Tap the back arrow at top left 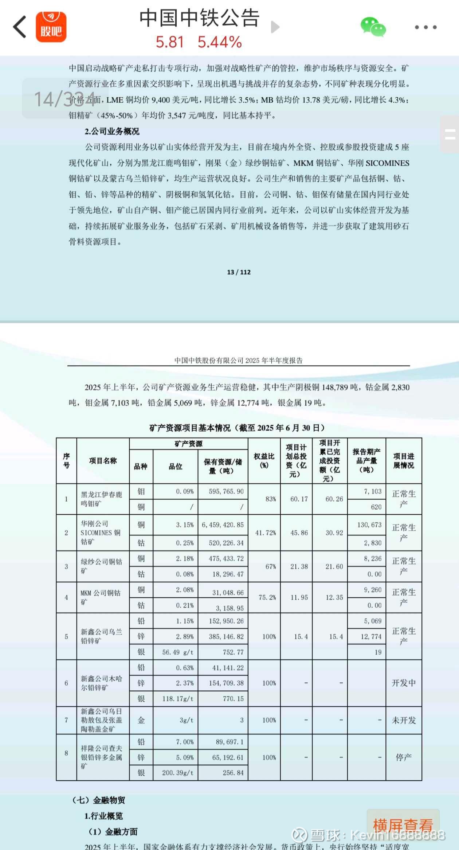click(x=20, y=27)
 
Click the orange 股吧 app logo click(x=51, y=27)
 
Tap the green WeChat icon click(x=373, y=27)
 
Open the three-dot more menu click(x=425, y=27)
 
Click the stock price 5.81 click(x=169, y=42)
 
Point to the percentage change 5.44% click(x=220, y=42)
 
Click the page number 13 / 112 click(x=239, y=272)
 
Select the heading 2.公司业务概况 click(x=112, y=132)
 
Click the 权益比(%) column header click(x=264, y=461)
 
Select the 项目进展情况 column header click(x=404, y=461)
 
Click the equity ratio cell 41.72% click(x=265, y=533)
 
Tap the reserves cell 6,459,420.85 click(x=223, y=525)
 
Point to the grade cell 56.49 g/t click(x=178, y=652)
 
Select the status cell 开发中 click(x=404, y=683)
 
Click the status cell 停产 click(x=404, y=757)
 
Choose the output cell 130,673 click(x=369, y=525)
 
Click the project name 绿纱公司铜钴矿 click(x=101, y=566)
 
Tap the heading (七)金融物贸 click(x=99, y=800)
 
